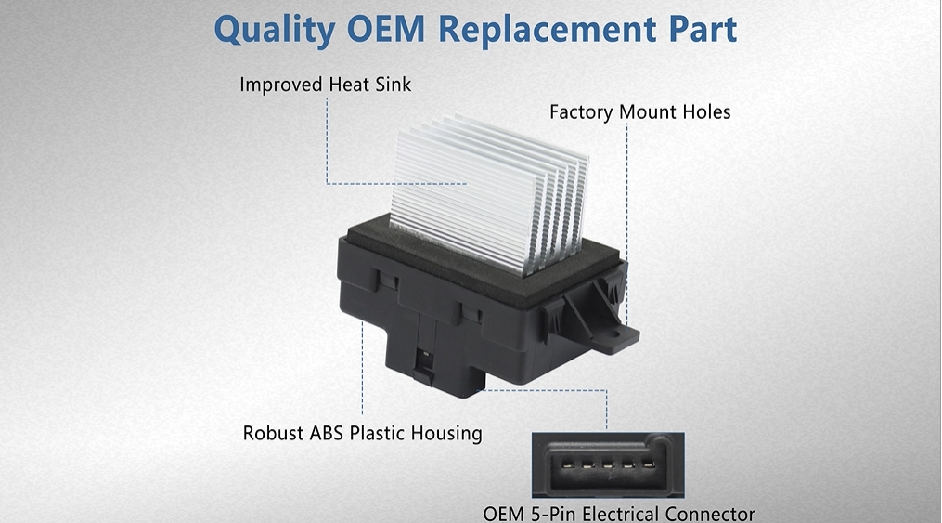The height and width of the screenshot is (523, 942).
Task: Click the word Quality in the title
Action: (x=275, y=30)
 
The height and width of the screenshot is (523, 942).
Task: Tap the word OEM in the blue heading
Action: (x=385, y=29)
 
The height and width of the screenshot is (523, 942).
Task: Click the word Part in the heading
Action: (x=703, y=29)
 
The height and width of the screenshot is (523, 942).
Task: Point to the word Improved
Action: (x=281, y=85)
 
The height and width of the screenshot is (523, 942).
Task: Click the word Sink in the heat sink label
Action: (x=393, y=85)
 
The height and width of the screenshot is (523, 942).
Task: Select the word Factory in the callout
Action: (x=582, y=112)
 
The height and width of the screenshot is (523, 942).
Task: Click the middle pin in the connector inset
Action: (x=607, y=464)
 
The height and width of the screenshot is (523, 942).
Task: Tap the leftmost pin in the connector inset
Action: (x=567, y=464)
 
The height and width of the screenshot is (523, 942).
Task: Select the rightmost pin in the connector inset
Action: (x=648, y=464)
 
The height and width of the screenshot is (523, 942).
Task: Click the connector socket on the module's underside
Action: (x=425, y=365)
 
